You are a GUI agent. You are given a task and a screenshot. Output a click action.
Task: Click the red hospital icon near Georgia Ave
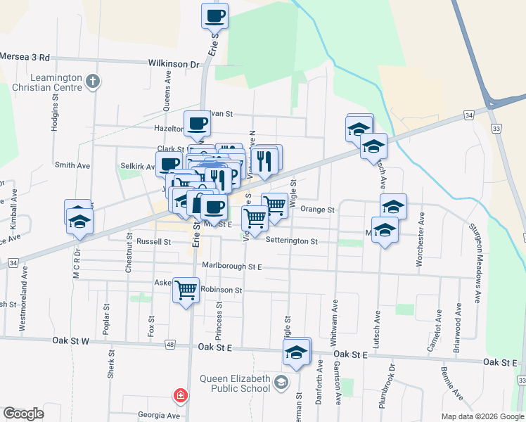[x=181, y=396]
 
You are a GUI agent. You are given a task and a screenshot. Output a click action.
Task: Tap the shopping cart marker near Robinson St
[x=186, y=290]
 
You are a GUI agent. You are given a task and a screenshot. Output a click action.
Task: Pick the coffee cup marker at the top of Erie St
[x=214, y=15]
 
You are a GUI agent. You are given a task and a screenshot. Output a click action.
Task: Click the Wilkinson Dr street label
[x=173, y=63]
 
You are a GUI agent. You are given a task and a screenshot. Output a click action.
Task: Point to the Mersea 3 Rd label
[x=25, y=57]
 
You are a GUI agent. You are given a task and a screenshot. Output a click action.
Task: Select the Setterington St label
[x=292, y=241]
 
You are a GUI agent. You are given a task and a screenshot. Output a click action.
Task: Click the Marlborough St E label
[x=231, y=267]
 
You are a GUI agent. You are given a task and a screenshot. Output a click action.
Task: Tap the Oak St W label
[x=71, y=340]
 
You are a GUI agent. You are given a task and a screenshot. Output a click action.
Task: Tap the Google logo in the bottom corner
[x=23, y=413]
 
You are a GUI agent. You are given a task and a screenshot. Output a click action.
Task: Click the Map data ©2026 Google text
[x=482, y=416]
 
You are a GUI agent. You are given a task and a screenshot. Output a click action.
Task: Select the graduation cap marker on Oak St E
[x=297, y=352]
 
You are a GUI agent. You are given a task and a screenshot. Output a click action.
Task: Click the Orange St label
[x=317, y=210]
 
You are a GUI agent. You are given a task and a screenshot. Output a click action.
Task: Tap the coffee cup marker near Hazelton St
[x=197, y=124]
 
